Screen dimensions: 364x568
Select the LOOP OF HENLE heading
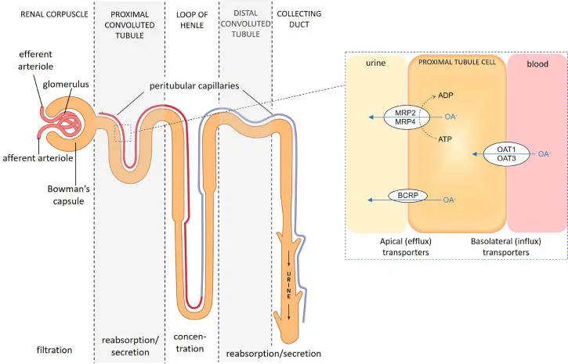(x=191, y=20)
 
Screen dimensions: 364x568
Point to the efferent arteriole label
(x=36, y=60)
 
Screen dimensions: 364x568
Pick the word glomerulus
(x=67, y=81)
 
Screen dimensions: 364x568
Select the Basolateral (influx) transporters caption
(x=505, y=247)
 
